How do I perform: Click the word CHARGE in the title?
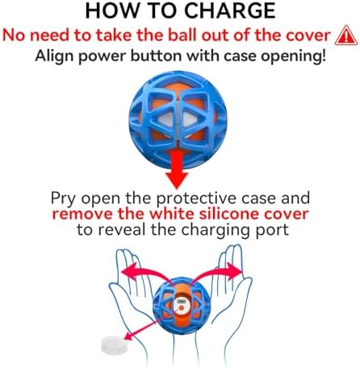pyautogui.click(x=230, y=10)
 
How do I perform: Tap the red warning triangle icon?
pyautogui.click(x=346, y=36)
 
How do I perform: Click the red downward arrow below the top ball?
pyautogui.click(x=177, y=169)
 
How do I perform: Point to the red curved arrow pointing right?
pyautogui.click(x=216, y=273)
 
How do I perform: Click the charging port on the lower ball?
pyautogui.click(x=181, y=301)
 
